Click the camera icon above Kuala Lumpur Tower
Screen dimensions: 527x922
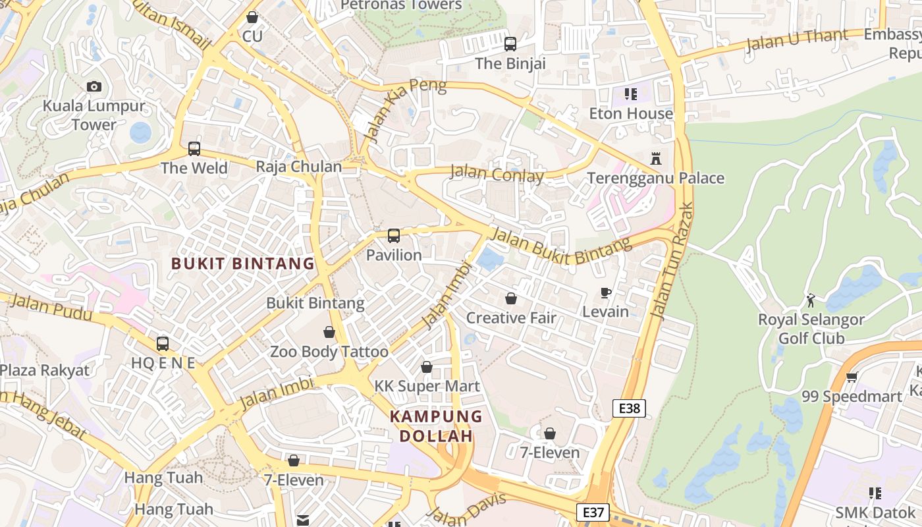[x=94, y=86]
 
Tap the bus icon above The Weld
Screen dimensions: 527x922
[x=194, y=149]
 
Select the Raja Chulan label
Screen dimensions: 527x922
[x=299, y=167]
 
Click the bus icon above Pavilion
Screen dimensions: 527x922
[x=394, y=236]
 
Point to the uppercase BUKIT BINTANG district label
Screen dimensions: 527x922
[x=243, y=264]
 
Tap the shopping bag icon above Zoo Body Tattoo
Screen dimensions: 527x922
[x=329, y=332]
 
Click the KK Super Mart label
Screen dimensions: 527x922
[x=427, y=386]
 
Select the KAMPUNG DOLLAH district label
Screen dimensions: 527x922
[x=436, y=426]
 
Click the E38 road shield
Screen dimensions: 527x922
[x=629, y=408]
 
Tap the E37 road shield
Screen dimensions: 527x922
[x=593, y=513]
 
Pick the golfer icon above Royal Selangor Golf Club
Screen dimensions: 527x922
[x=811, y=301]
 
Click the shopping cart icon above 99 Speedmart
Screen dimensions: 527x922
[x=852, y=377]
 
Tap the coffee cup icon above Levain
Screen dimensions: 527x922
[x=606, y=292]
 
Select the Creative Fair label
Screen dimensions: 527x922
[x=511, y=318]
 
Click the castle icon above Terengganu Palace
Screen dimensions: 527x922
[x=655, y=159]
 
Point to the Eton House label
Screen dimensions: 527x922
[x=631, y=113]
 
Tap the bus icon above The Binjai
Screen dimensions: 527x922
[x=510, y=44]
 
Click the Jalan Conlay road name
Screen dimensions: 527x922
[x=497, y=175]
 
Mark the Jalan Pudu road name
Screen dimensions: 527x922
[x=52, y=308]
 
